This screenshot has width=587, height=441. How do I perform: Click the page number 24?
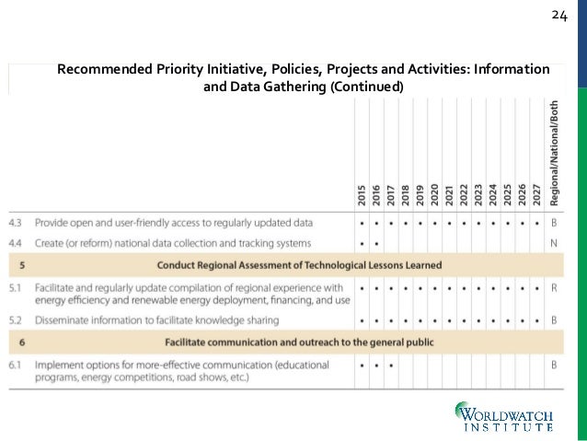pos(560,16)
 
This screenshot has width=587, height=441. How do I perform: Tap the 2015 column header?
pos(362,193)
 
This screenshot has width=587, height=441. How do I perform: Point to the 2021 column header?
pos(450,193)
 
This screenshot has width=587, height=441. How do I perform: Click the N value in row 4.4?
pos(554,243)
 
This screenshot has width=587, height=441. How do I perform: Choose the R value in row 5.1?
pos(554,287)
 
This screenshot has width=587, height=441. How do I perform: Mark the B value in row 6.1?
pos(554,366)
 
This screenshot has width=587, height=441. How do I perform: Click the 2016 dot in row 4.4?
pos(376,243)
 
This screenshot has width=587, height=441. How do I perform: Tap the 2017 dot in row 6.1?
pos(391,366)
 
